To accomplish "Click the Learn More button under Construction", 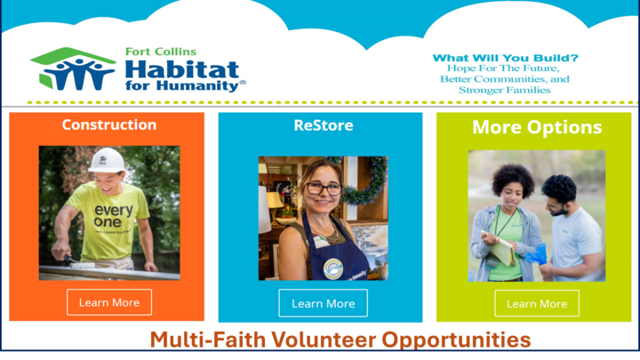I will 108,302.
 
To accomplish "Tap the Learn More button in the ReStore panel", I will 323,303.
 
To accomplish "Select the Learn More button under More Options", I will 536,303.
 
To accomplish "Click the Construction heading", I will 108,125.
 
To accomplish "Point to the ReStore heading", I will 323,125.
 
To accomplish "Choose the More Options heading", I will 536,127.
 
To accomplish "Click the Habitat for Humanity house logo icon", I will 73,68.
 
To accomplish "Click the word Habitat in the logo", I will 182,68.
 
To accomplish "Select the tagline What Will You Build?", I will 504,58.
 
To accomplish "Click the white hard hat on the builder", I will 107,160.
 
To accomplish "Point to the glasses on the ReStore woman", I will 324,188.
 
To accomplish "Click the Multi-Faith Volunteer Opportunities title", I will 340,340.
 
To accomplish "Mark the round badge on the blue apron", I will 332,267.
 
